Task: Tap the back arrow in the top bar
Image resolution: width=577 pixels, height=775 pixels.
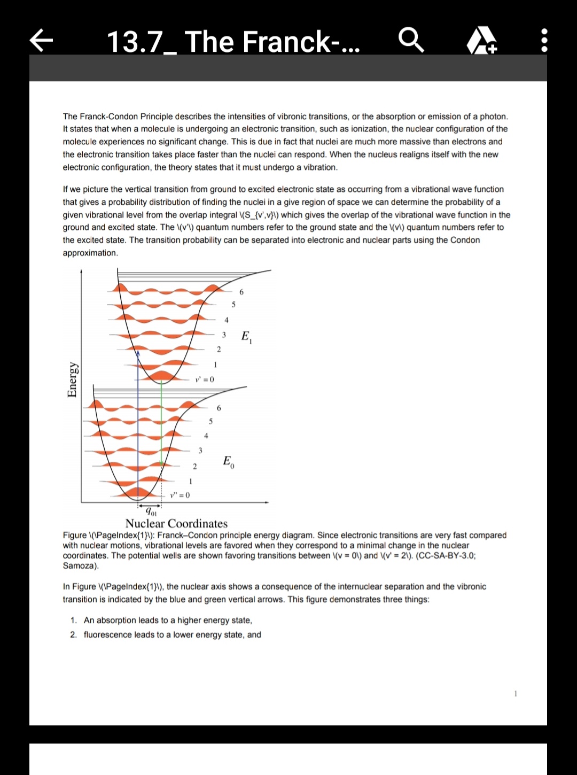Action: (43, 41)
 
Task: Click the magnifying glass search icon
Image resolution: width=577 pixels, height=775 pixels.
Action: (411, 41)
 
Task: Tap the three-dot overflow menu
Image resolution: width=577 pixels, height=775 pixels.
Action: (544, 41)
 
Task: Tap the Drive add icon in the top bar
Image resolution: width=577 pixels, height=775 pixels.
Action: (482, 42)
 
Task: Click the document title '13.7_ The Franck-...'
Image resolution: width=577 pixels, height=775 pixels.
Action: (233, 42)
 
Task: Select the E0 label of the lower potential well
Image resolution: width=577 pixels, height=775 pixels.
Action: (228, 461)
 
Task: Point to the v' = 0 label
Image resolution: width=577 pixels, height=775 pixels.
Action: (205, 379)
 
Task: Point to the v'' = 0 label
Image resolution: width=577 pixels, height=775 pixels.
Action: (180, 495)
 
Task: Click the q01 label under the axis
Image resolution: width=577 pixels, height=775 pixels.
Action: (151, 513)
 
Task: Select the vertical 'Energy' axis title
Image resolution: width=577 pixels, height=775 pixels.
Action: (72, 379)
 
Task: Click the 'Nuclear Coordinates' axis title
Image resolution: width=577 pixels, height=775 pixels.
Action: (176, 524)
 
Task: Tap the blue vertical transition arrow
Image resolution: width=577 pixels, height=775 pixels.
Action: (138, 428)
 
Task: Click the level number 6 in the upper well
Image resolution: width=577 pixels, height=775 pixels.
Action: (241, 292)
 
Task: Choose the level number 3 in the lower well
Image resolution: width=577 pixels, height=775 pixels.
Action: (200, 451)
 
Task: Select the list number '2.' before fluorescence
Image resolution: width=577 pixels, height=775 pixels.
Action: (74, 634)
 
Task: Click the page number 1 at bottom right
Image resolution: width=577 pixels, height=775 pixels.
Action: (516, 694)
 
